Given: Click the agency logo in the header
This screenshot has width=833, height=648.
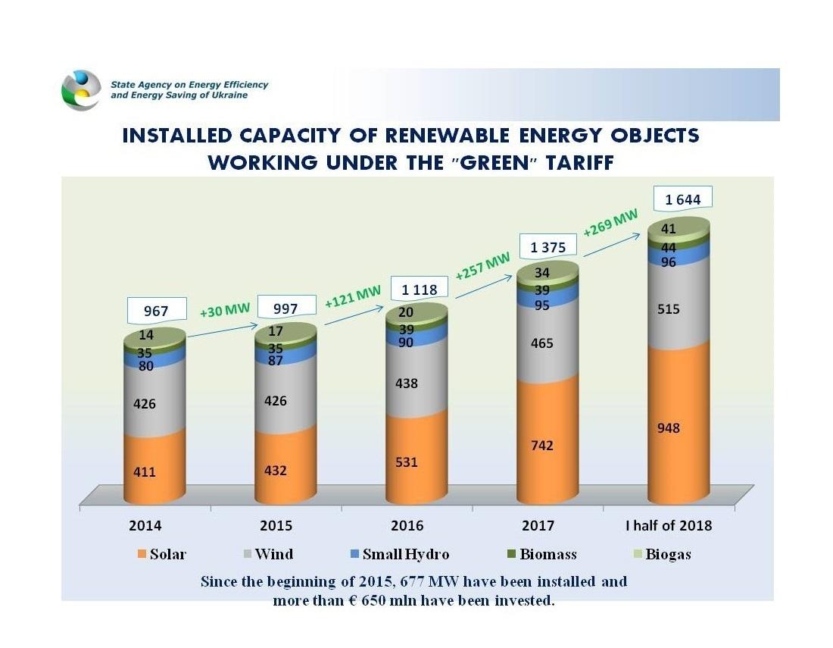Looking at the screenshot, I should pos(80,89).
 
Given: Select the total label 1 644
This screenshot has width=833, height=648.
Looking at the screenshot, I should pos(682,200).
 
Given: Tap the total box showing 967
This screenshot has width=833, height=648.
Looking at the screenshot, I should pos(157,311).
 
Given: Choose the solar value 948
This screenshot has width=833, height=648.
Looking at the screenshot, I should pos(668,428).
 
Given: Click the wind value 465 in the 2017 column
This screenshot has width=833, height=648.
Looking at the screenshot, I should pos(541,343).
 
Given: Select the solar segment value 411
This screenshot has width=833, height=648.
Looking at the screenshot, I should pos(145,472).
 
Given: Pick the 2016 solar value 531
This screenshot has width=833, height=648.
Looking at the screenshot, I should pos(407,462).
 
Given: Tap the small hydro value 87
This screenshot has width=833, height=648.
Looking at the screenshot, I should pos(275,361).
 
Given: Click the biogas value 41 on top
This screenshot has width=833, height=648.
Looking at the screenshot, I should pos(668,228).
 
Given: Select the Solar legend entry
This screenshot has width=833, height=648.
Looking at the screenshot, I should pos(161,554).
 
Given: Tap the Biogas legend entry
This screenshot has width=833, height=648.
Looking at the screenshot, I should pos(660,554).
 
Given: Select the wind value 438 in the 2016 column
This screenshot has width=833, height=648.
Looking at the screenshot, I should pos(407,383).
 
